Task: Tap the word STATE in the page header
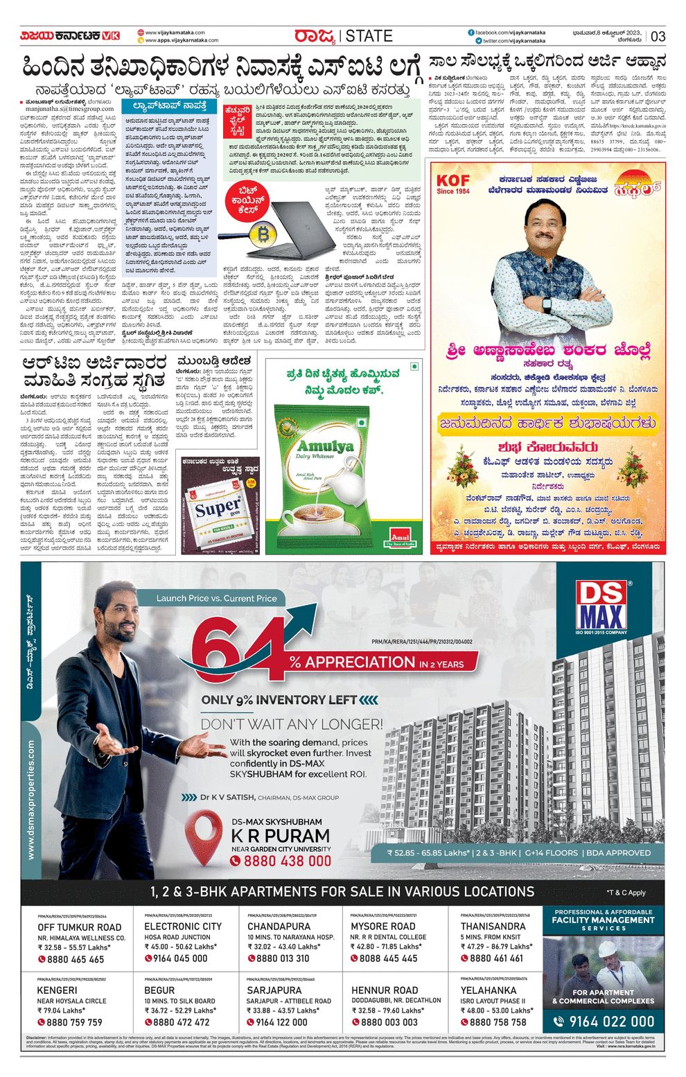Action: pos(369,36)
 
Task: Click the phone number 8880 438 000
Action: pos(281,861)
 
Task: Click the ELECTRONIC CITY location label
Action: pos(183,926)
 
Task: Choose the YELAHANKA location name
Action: pos(488,990)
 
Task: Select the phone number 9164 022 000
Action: pos(611,1022)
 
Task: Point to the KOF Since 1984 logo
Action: pos(452,184)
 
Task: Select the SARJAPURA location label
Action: pos(274,990)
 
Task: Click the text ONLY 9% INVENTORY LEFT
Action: pos(279,700)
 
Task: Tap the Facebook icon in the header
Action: pos(471,33)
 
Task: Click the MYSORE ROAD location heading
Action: pos(382,926)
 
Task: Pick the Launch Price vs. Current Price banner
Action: pos(216,598)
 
